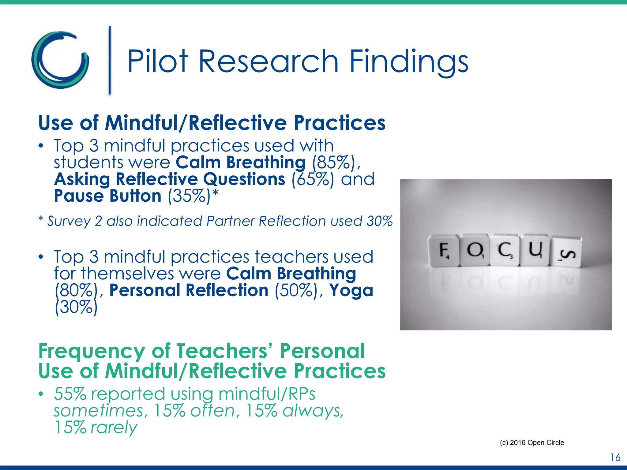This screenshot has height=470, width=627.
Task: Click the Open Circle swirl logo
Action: pos(60,60)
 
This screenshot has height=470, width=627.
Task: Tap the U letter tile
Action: pos(536,250)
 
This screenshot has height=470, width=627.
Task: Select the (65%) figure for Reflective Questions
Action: pos(313,179)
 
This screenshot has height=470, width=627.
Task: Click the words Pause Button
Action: pos(108,196)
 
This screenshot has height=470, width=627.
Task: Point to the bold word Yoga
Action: pos(351,290)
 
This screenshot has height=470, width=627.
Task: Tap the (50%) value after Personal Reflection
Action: pos(296,290)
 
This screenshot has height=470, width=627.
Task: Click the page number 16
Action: pos(615,457)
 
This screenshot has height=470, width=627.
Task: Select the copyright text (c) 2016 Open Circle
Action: pos(532,442)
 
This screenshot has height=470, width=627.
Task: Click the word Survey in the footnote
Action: pos(69,221)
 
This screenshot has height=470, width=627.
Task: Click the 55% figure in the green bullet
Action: pos(70,394)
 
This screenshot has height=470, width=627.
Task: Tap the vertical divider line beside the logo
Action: pos(110,60)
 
